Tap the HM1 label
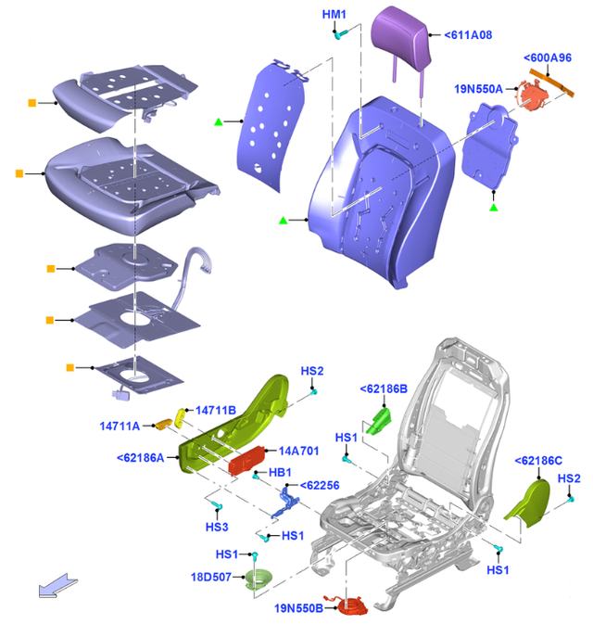[x=334, y=15]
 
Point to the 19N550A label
[x=479, y=89]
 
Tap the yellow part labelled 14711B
[x=182, y=413]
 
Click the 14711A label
[x=120, y=426]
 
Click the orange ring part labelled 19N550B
[x=353, y=605]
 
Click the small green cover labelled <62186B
[x=380, y=421]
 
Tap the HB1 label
[x=280, y=473]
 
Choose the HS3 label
[x=216, y=527]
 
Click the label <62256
[x=320, y=485]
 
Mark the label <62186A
[x=141, y=457]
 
